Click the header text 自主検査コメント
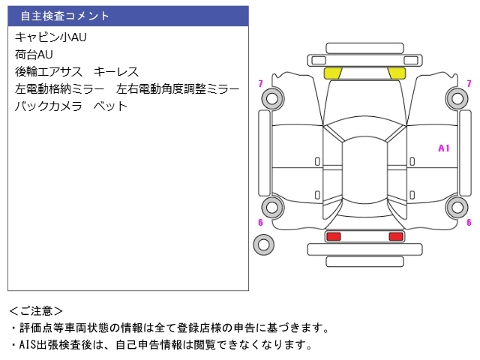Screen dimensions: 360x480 point(64,16)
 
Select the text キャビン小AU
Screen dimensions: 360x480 point(51,37)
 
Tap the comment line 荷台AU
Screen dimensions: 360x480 point(34,54)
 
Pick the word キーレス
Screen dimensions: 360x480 point(116,71)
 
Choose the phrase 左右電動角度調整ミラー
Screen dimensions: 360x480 point(178,88)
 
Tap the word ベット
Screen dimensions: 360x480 point(110,106)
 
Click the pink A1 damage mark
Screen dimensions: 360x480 point(443,148)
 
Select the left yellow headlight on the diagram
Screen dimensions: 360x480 point(333,73)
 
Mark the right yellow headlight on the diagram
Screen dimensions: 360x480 point(396,73)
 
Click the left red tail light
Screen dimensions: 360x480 point(333,237)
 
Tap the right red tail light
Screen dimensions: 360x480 point(395,237)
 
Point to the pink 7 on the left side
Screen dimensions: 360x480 point(260,83)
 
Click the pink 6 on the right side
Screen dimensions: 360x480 point(469,222)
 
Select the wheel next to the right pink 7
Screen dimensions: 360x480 point(456,96)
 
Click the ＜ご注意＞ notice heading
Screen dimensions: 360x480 point(36,310)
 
